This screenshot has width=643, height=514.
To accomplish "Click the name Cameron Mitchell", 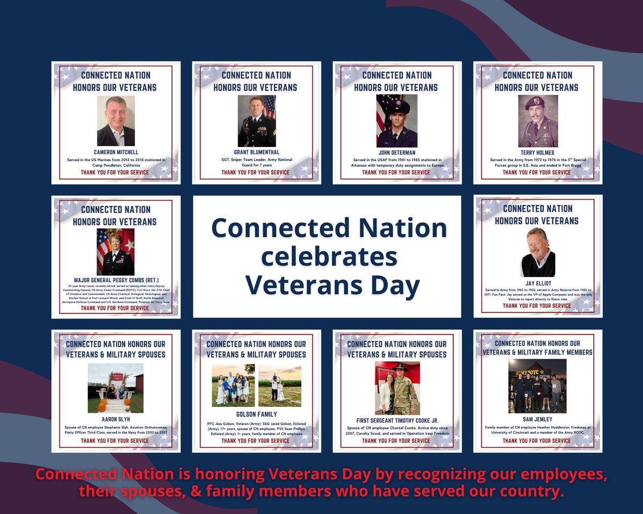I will [116, 153].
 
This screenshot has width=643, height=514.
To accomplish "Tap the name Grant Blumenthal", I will [257, 153].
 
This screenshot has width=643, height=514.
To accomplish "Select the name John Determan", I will [397, 153].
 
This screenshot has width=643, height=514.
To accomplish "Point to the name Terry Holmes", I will [537, 153].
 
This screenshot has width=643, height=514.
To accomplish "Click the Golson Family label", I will [257, 414].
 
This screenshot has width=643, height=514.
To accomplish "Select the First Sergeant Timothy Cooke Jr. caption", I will [397, 421].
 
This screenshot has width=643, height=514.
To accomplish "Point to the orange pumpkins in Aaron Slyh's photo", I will [102, 407].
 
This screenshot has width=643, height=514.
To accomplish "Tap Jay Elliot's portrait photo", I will [537, 252].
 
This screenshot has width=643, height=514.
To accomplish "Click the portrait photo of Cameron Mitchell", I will [116, 121].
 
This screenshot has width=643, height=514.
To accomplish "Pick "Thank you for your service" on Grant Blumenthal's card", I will [257, 172].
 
